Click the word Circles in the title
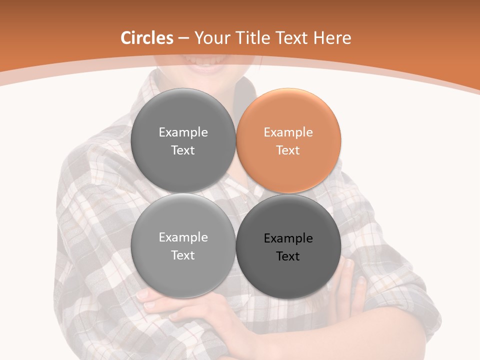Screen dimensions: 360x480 point(147,38)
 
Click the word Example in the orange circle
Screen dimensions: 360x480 point(288,132)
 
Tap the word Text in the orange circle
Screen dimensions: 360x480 point(288,150)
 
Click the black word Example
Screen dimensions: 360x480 point(288,238)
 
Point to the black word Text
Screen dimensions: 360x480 point(288,256)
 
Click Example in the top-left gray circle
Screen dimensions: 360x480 point(183,132)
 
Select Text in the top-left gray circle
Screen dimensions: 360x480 point(183,150)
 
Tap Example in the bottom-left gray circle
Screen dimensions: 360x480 point(183,237)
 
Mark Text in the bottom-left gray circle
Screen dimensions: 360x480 point(183,255)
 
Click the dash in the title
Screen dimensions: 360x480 point(183,38)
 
